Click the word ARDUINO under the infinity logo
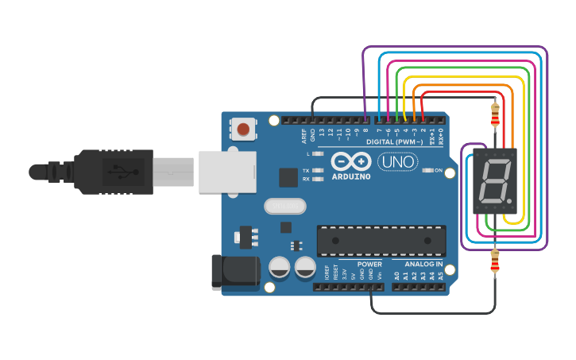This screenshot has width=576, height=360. pos(351,176)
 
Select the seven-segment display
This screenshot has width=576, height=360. pos(494,180)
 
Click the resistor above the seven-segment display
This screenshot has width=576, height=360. pos(495,115)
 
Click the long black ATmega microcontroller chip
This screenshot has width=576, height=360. pos(381,241)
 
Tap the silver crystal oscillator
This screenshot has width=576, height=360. pos(284,207)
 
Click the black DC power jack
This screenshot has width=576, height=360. pos(236,270)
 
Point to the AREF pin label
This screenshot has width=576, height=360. pos(303,136)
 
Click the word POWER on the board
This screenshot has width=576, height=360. pos(369,264)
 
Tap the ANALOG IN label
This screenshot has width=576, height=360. pos(424,264)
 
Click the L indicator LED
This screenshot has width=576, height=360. pos(318,153)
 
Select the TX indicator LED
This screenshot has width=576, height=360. pos(318,170)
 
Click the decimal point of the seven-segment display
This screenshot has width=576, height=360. pos(508,199)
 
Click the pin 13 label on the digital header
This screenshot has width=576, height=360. pos(322,134)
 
